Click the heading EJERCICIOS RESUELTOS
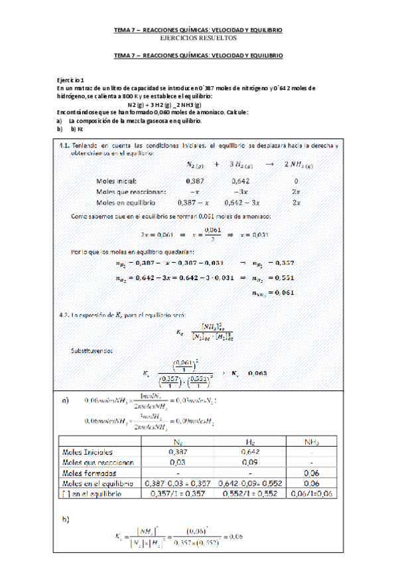point(198,39)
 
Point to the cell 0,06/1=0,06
point(311,494)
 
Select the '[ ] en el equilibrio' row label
point(93,494)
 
